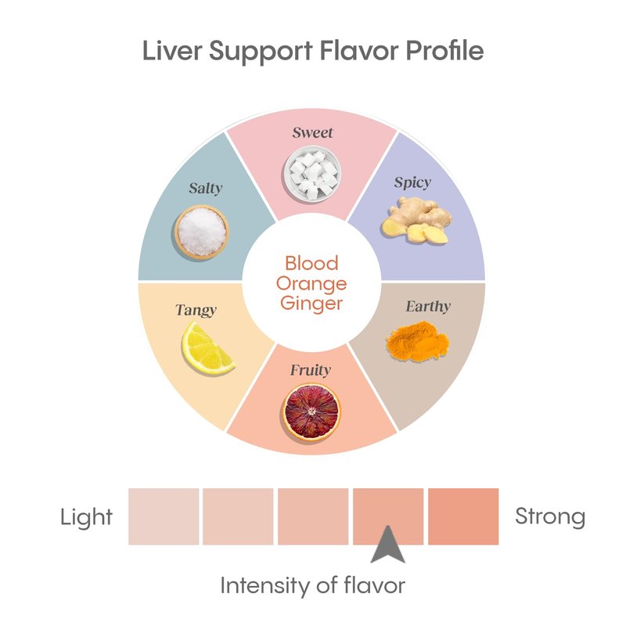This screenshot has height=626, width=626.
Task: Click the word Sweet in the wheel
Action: pos(312,132)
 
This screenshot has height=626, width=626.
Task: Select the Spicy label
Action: pos(412,182)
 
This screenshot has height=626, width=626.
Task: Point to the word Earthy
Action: pos(428,306)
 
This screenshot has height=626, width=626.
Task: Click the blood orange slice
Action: pos(311,413)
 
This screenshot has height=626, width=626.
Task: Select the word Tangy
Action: pos(196,310)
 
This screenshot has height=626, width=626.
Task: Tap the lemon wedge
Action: pos(207,349)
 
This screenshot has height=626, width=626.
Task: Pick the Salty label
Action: pos(205,188)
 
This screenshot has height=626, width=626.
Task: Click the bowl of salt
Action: pos(201,230)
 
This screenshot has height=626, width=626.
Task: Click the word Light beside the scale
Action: pos(86,517)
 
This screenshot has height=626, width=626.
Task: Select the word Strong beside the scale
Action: pos(550,516)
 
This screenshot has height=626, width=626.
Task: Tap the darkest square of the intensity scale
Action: pos(463,516)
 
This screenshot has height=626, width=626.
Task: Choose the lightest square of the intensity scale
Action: pos(164,516)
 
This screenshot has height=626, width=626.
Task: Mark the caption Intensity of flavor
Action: pos(312,585)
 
